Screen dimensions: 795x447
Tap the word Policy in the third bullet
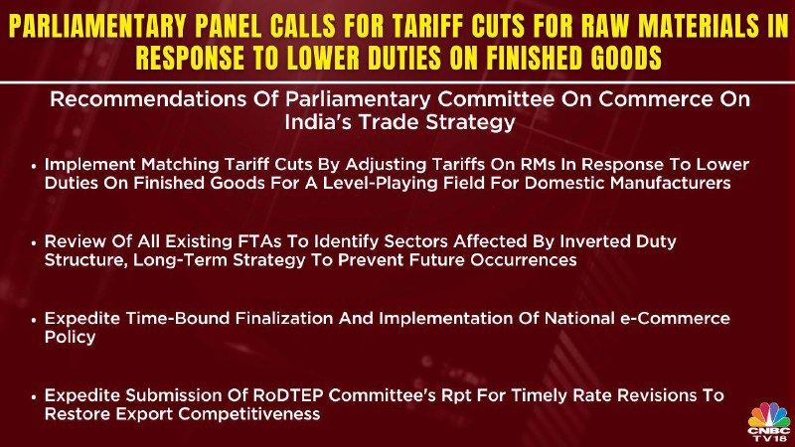click(x=70, y=338)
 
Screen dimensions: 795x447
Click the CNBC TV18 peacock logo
click(x=769, y=421)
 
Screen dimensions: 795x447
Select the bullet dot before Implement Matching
click(x=34, y=165)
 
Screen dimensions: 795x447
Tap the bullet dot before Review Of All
click(x=34, y=242)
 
